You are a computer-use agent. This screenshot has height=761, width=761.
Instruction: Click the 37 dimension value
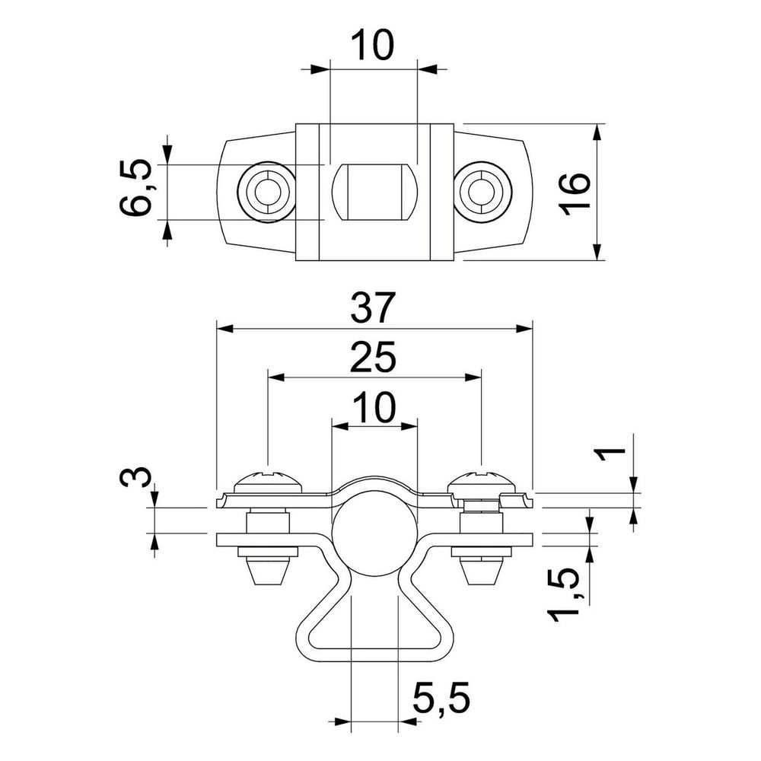(373, 307)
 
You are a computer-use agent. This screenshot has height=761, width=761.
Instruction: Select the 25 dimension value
(373, 357)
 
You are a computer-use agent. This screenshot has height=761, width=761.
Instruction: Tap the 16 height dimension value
(575, 193)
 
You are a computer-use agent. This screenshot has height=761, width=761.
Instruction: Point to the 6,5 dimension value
(135, 187)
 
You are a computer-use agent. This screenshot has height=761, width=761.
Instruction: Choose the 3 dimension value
(135, 478)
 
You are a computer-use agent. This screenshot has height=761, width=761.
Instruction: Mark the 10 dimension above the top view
(373, 45)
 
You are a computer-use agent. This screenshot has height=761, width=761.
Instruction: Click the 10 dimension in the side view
(374, 407)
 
